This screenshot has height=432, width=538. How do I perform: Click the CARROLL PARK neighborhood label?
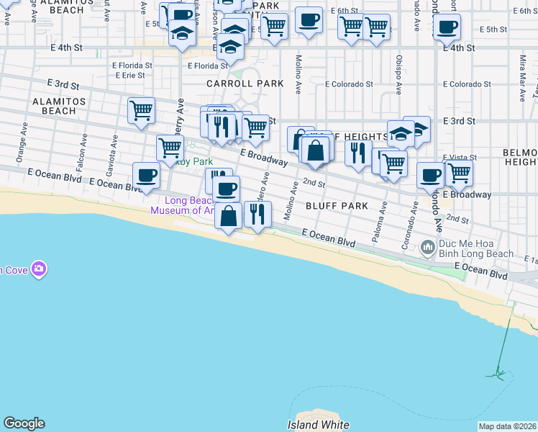tap(245, 84)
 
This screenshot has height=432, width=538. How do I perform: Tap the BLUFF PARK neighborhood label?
tap(337, 206)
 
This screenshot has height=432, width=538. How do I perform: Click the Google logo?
tap(24, 423)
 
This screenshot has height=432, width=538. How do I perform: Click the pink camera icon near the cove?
tap(39, 269)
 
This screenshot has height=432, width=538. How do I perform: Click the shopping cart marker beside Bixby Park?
tap(170, 148)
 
